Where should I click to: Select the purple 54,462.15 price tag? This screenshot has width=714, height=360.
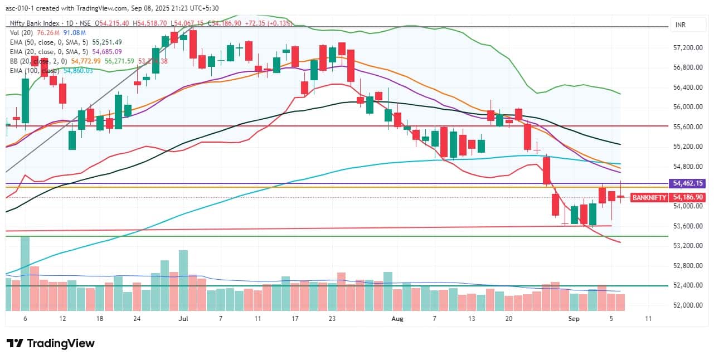(x=688, y=183)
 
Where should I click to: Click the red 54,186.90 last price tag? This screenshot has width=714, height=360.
(x=688, y=197)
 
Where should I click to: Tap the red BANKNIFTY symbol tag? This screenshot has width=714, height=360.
(x=649, y=197)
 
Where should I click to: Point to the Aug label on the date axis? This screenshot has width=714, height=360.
(x=397, y=319)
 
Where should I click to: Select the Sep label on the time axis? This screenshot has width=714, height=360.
(x=574, y=319)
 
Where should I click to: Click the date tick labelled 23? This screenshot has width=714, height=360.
(x=332, y=319)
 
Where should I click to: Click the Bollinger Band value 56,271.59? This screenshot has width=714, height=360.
(x=119, y=61)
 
